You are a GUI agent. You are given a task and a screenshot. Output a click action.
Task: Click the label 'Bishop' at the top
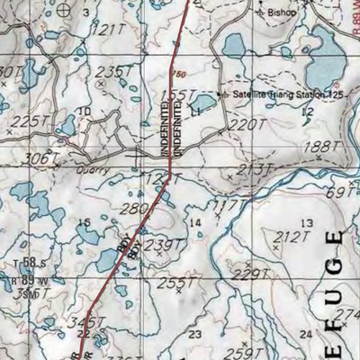tap(279, 14)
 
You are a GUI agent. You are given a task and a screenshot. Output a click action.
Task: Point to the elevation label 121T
tap(107, 30)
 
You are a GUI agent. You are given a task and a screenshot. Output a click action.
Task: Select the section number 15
tap(85, 222)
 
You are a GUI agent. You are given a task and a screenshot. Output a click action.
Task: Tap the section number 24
tap(305, 335)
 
